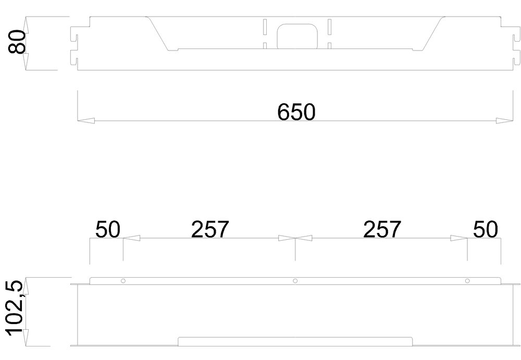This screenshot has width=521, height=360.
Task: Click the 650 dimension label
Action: (296, 112)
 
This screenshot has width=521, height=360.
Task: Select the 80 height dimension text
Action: (17, 42)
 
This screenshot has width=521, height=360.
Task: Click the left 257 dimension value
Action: (210, 229)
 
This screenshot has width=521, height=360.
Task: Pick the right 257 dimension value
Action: (382, 229)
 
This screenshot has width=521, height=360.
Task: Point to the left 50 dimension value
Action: (108, 229)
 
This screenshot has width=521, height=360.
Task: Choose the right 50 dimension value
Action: (486, 229)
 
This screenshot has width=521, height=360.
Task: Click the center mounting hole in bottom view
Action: (295, 281)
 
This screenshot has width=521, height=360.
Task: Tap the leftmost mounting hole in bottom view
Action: (123, 281)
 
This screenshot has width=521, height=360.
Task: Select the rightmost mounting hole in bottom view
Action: (467, 281)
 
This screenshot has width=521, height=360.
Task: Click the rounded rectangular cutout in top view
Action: (278, 36)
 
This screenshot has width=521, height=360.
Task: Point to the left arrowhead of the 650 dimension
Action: (85, 121)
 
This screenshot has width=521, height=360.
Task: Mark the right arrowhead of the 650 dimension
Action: (504, 121)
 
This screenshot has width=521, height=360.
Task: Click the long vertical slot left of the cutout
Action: (265, 27)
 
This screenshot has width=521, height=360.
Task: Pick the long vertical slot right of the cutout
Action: (329, 27)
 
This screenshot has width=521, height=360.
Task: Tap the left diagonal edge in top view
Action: (158, 33)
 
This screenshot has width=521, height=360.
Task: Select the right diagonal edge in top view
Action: (433, 33)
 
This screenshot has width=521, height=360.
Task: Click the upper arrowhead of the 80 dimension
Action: (26, 25)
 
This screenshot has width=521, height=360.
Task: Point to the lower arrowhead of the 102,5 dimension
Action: (26, 338)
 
